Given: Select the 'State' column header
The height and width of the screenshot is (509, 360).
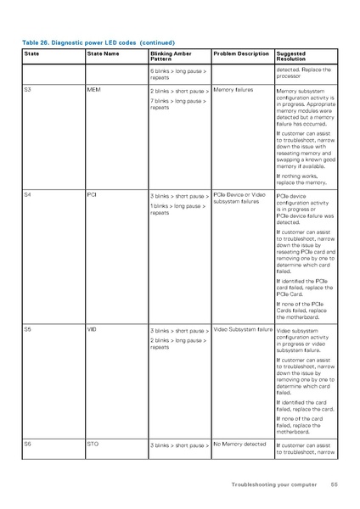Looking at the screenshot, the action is (31, 53).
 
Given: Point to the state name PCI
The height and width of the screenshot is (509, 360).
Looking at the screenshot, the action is (92, 194).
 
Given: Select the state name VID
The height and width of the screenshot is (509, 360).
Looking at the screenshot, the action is (92, 327).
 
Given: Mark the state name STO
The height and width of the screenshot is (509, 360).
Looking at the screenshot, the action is (93, 443).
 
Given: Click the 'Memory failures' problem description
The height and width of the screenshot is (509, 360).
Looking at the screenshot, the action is (233, 89).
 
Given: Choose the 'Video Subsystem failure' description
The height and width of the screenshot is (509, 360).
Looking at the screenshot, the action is (243, 328).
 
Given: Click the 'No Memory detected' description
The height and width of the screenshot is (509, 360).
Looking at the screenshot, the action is (239, 444).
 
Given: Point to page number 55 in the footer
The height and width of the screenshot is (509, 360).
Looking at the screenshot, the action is (335, 484).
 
